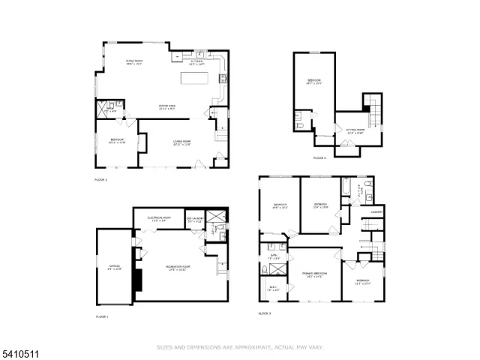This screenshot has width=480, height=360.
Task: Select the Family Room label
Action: pos(133,63)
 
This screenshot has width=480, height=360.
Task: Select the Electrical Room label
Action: pos(158,219)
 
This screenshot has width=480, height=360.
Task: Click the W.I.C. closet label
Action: pos(272,288)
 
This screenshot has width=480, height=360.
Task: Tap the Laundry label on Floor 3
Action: pos(376,212)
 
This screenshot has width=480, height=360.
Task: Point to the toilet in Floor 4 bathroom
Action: pos(301,126)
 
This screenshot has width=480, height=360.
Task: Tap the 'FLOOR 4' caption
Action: pos(319,157)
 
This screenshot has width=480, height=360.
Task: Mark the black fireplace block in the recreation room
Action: pos(138,279)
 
